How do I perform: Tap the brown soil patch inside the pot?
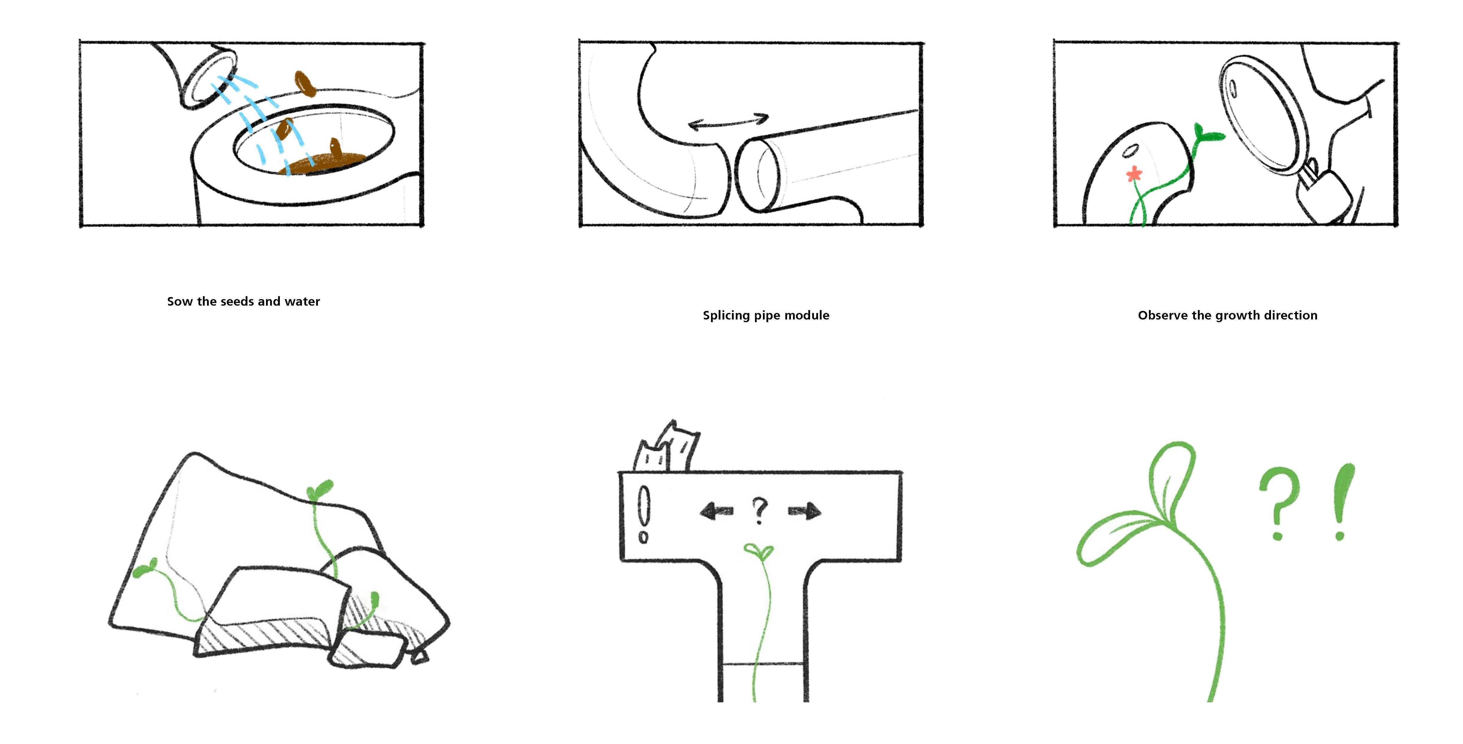(324, 163)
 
